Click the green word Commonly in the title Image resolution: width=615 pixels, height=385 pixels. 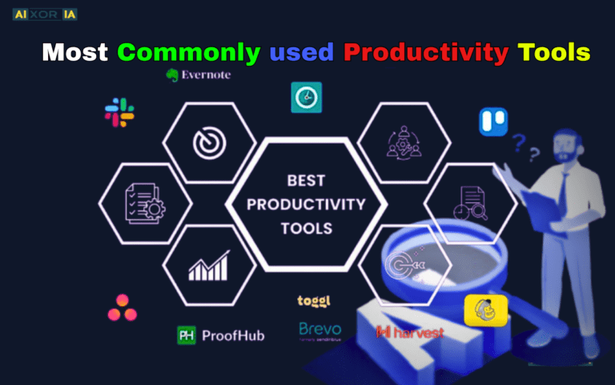[x=189, y=53]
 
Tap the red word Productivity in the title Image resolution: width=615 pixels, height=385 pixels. [x=426, y=53]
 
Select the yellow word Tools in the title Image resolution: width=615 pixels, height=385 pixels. [x=554, y=53]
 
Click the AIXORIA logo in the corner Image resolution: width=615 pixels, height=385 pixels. [x=45, y=14]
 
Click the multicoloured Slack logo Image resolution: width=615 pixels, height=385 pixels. [x=119, y=112]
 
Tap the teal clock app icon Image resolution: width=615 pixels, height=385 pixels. [x=306, y=97]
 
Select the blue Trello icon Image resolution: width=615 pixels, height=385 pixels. [x=491, y=121]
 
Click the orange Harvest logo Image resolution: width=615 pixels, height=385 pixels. [x=409, y=332]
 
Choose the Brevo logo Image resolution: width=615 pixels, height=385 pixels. [x=320, y=330]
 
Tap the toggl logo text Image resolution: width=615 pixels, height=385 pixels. [x=314, y=302]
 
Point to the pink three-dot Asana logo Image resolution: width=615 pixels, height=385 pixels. [x=121, y=306]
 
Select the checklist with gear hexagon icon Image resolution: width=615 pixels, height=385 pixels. [x=144, y=202]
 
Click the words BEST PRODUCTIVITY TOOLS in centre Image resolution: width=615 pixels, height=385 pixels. [x=306, y=203]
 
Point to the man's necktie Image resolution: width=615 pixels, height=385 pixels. [x=563, y=192]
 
